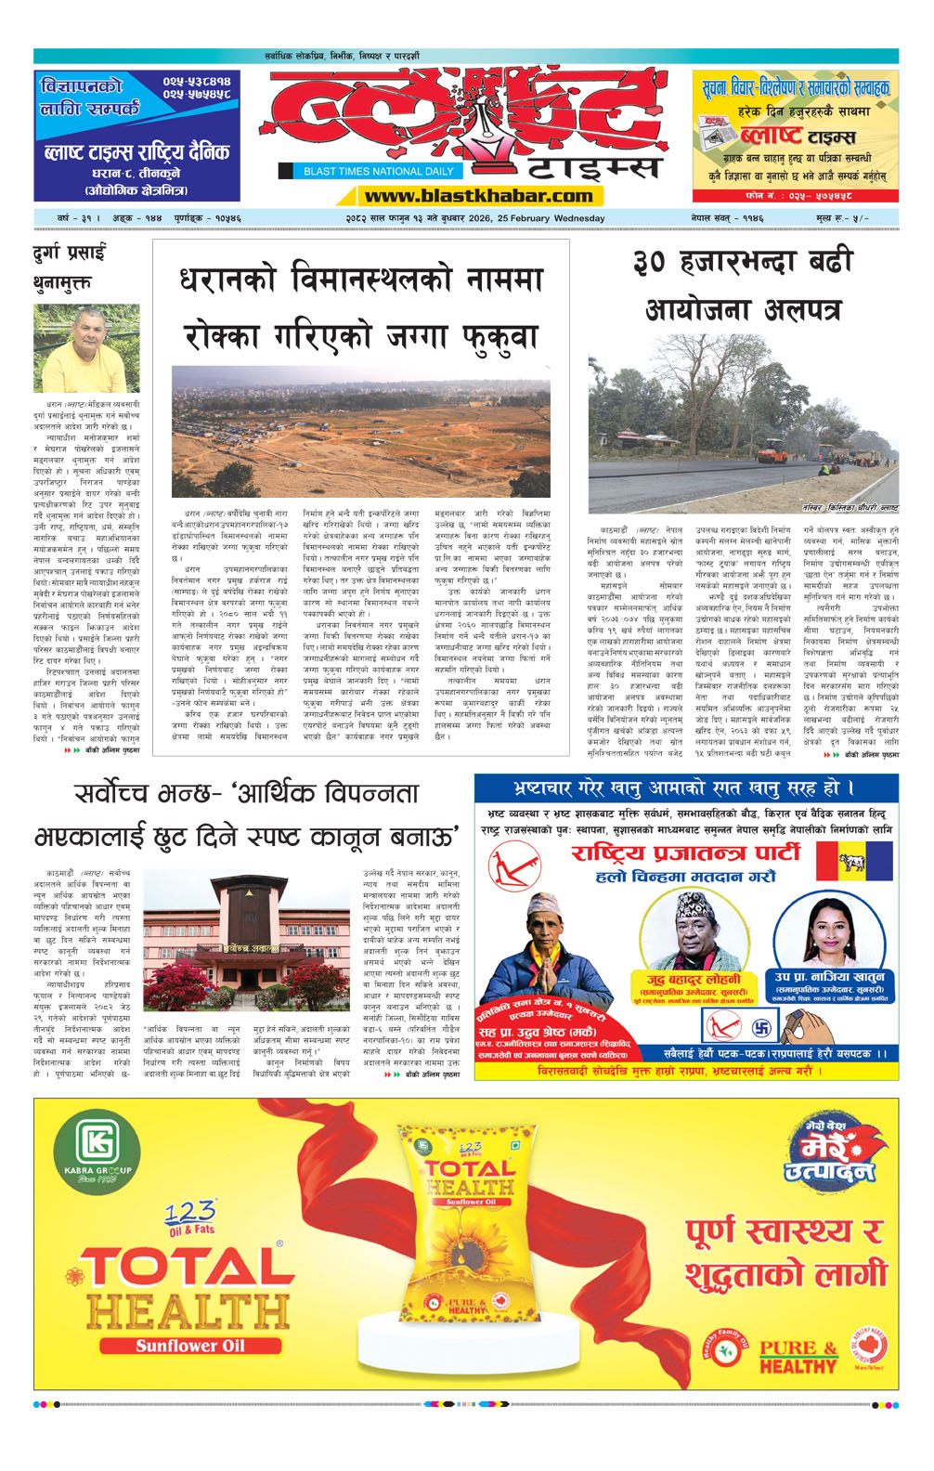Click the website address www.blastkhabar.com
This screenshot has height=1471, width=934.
(x=478, y=196)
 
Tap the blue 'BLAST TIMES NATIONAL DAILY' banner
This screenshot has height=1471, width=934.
(x=379, y=171)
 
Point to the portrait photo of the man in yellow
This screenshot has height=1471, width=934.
(x=85, y=349)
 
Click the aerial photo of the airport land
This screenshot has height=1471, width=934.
(x=360, y=431)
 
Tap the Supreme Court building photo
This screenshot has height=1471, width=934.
(x=246, y=940)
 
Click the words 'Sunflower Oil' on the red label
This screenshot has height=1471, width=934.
(x=190, y=1346)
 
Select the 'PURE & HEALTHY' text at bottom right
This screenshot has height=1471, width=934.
(x=798, y=1357)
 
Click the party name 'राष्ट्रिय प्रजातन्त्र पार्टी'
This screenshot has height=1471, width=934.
(x=685, y=853)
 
